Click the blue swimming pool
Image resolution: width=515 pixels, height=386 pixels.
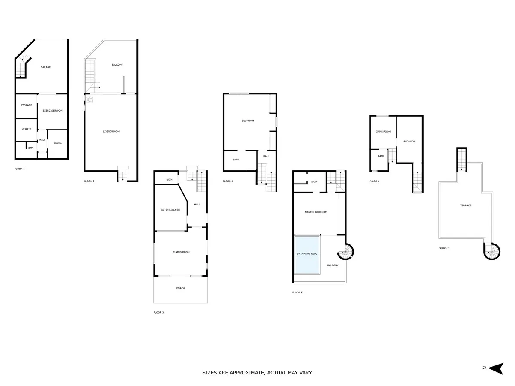(x=307, y=255)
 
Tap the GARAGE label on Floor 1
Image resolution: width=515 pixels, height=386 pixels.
(x=45, y=67)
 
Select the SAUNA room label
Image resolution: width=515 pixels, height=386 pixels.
(x=58, y=143)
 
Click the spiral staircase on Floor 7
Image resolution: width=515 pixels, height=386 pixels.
(x=492, y=252)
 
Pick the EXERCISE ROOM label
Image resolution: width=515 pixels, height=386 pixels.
(x=52, y=110)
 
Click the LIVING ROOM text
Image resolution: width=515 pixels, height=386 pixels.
(x=112, y=131)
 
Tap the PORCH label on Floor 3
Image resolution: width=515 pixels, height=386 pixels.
(x=180, y=288)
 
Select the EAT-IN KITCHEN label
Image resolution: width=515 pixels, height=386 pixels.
(x=170, y=210)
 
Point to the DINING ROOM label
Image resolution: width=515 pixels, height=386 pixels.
(x=181, y=252)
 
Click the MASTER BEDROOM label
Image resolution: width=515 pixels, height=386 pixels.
(x=316, y=212)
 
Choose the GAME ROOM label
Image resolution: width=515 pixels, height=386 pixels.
(x=383, y=132)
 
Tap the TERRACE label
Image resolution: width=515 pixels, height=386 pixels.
(x=466, y=205)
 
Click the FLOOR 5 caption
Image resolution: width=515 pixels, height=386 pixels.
(x=297, y=292)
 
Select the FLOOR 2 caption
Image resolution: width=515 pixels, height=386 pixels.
(x=89, y=181)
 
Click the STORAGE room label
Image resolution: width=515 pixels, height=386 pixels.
(x=26, y=105)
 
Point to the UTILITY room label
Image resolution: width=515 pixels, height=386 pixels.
(x=26, y=129)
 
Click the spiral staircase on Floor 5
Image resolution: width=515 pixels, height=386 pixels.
(x=345, y=252)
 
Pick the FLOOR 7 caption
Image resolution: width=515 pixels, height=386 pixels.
(x=444, y=248)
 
